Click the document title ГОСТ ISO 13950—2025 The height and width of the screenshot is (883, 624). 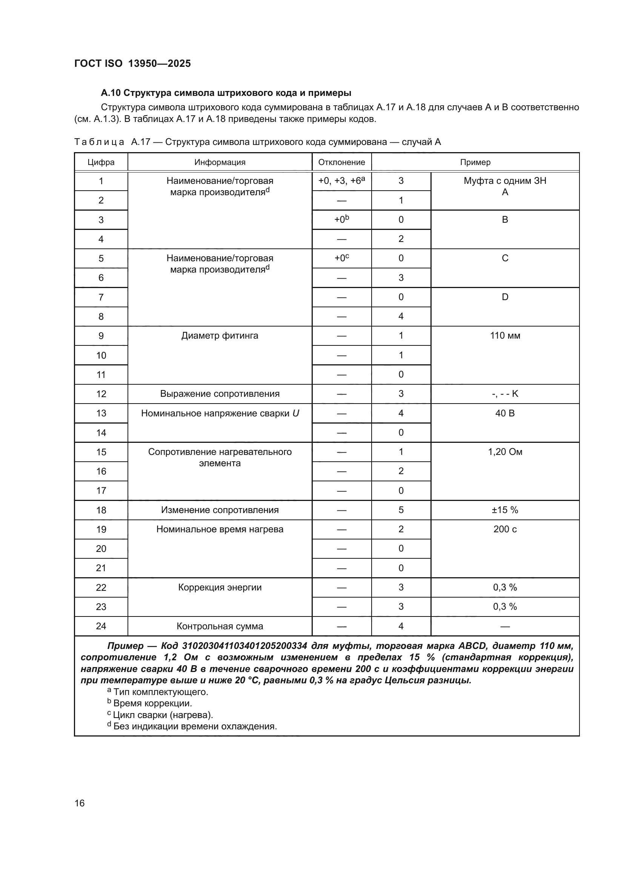coord(132,63)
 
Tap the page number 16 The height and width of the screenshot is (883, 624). coord(80,803)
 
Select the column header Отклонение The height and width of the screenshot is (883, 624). coord(341,162)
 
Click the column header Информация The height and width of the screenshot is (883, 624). coord(220,162)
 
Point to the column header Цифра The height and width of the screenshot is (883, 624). coord(101,162)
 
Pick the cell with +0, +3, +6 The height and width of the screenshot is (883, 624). coord(341,181)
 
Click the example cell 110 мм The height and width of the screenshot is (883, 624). coord(504,336)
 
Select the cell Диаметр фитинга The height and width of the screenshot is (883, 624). coord(220,336)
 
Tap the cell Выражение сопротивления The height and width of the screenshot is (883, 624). coord(220,394)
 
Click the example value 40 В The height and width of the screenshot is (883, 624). coord(504,413)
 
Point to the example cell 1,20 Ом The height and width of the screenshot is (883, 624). coord(504,452)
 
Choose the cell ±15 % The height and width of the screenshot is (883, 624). coord(504,510)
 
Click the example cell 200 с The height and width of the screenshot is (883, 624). coord(504,529)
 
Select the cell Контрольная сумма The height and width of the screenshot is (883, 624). coord(220,626)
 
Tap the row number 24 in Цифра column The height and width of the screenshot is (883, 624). coord(101,626)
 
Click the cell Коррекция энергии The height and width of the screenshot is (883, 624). coord(220,587)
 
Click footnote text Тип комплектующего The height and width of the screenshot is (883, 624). coord(161,692)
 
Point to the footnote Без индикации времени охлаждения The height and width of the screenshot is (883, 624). coord(195,726)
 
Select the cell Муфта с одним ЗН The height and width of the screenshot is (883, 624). coord(504,181)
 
